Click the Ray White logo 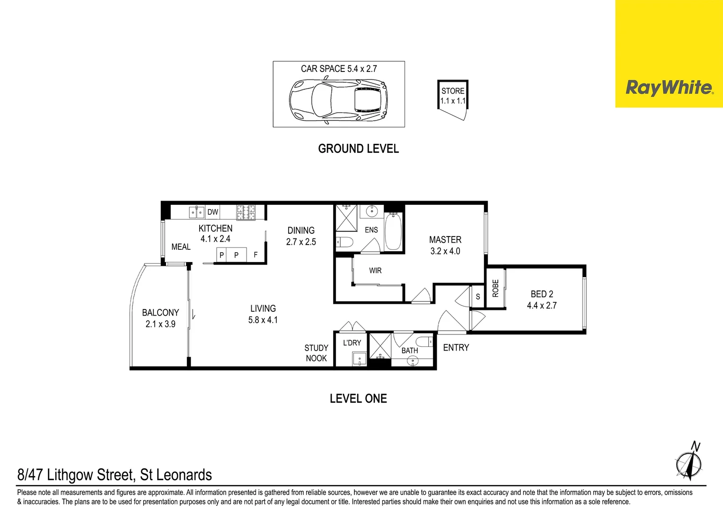(669, 88)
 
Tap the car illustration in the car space (338, 100)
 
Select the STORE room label (453, 91)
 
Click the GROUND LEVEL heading (358, 149)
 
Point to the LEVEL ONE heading (358, 398)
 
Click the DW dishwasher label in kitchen (213, 212)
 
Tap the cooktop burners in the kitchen (246, 212)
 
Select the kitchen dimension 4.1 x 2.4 (215, 239)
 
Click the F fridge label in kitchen (256, 255)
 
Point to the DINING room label (301, 230)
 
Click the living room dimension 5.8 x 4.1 (263, 320)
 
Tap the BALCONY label (160, 313)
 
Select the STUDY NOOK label (316, 353)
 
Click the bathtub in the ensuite (393, 232)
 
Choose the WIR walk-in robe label (375, 271)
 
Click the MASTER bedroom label (445, 240)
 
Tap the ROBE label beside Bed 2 (495, 288)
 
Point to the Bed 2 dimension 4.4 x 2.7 (542, 306)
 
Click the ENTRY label (456, 348)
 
